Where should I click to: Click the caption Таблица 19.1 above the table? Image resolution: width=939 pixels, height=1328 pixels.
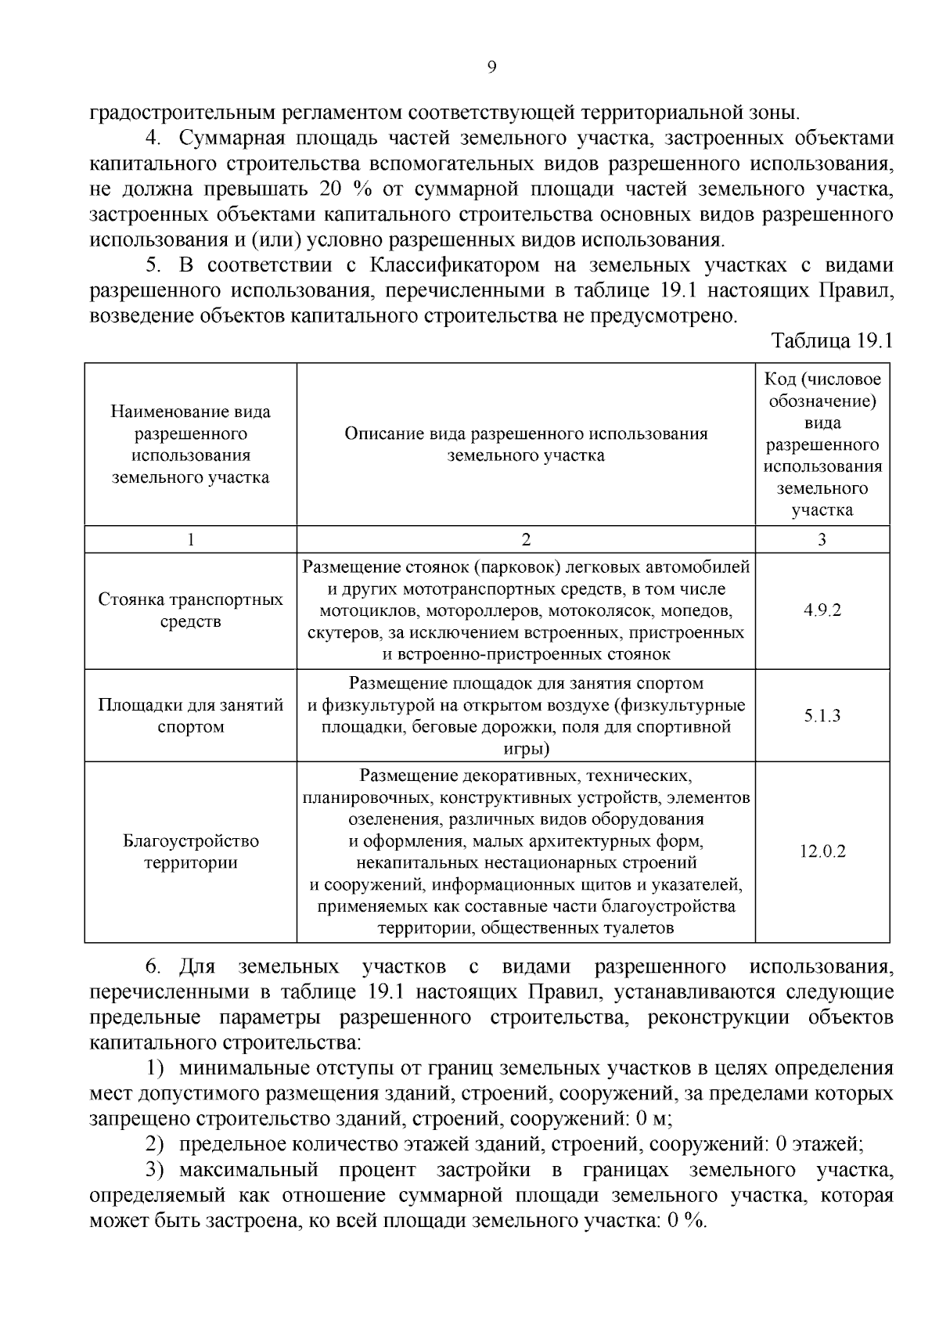click(832, 341)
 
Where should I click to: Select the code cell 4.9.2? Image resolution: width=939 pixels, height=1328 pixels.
click(822, 610)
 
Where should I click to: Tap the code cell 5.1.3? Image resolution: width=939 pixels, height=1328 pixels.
click(822, 716)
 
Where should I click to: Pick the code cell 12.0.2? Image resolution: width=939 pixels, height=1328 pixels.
click(822, 851)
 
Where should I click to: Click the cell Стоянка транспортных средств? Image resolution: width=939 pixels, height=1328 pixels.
click(190, 610)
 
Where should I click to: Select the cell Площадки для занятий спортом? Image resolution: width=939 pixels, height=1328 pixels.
click(190, 716)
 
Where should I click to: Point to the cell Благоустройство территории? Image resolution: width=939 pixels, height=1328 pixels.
click(190, 851)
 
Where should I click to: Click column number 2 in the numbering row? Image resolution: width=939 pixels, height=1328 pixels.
click(526, 539)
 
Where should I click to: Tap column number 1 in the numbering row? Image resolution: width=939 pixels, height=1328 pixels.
click(190, 539)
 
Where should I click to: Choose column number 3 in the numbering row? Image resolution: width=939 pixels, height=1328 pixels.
click(822, 539)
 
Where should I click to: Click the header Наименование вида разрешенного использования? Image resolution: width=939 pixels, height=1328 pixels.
click(190, 444)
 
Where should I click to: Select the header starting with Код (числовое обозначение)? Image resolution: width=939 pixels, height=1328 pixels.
click(822, 444)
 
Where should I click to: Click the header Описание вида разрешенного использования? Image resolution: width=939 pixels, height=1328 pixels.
click(526, 444)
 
